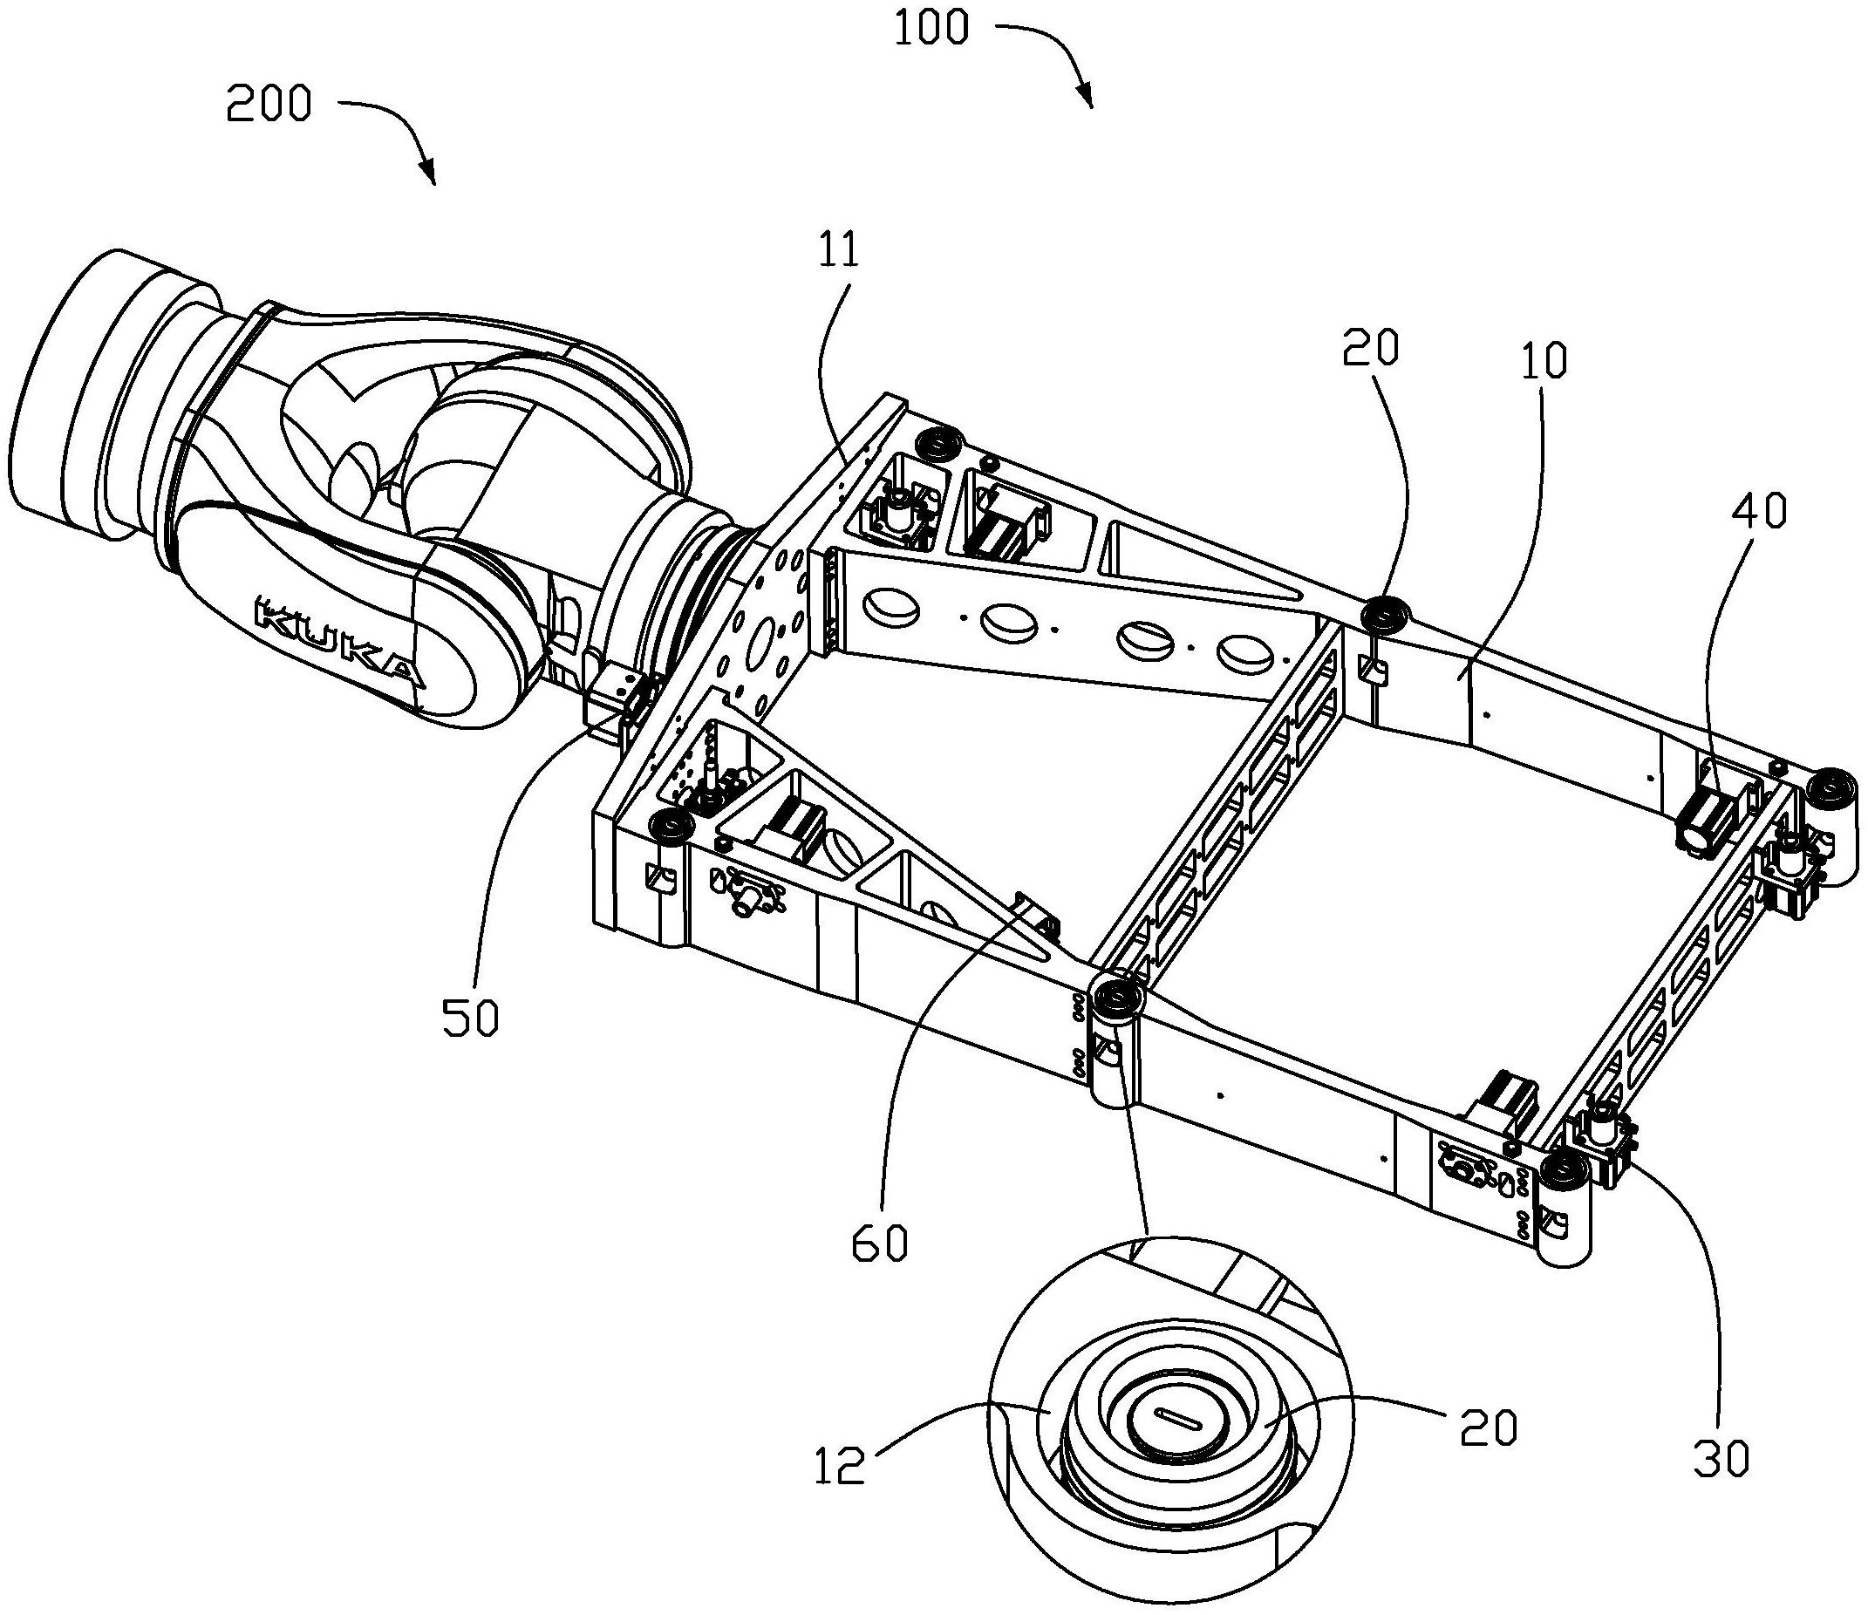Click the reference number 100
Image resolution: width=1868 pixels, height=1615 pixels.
[x=931, y=29]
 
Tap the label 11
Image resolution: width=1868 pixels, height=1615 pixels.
[x=839, y=250]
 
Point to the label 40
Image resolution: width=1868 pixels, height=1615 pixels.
[x=1758, y=512]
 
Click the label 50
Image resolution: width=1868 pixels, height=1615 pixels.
[x=470, y=1019]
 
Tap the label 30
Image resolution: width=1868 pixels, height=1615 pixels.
[x=1721, y=1459]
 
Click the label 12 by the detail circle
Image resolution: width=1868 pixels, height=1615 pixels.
[x=839, y=1465]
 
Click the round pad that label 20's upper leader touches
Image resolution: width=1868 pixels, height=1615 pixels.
[x=1381, y=614]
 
